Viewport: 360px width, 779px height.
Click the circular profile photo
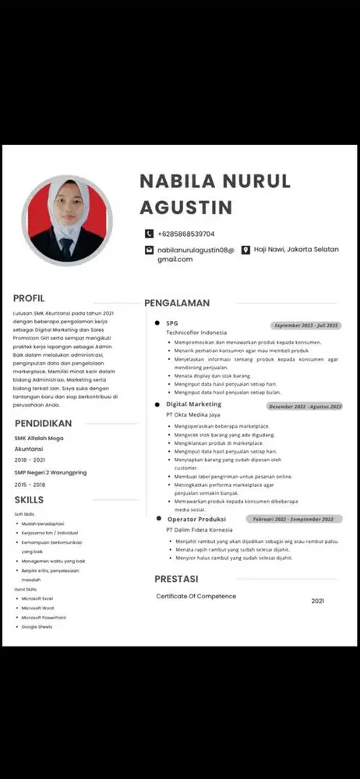pyautogui.click(x=67, y=220)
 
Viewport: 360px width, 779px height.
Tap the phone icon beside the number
pyautogui.click(x=149, y=234)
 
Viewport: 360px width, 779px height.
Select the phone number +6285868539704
pyautogui.click(x=186, y=234)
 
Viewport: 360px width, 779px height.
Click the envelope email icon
pyautogui.click(x=149, y=250)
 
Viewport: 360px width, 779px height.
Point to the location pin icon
pyautogui.click(x=245, y=250)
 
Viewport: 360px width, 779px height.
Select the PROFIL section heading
pyautogui.click(x=29, y=298)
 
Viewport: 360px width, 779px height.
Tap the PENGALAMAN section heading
pyautogui.click(x=177, y=302)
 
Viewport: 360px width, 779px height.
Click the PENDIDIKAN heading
pyautogui.click(x=44, y=423)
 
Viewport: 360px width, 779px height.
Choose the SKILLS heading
pyautogui.click(x=29, y=499)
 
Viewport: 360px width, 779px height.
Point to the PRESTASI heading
pyautogui.click(x=176, y=579)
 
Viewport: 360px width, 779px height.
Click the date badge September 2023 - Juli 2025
pyautogui.click(x=306, y=325)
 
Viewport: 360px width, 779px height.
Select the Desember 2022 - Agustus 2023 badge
pyautogui.click(x=305, y=406)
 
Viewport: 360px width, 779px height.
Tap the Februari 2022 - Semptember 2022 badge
pyautogui.click(x=293, y=519)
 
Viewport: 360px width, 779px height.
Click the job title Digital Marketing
pyautogui.click(x=193, y=404)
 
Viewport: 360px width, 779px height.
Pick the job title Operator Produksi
pyautogui.click(x=196, y=519)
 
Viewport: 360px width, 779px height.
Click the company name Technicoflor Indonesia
pyautogui.click(x=196, y=333)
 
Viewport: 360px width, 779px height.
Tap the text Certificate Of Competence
pyautogui.click(x=196, y=596)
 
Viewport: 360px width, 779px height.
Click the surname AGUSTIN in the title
pyautogui.click(x=185, y=207)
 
